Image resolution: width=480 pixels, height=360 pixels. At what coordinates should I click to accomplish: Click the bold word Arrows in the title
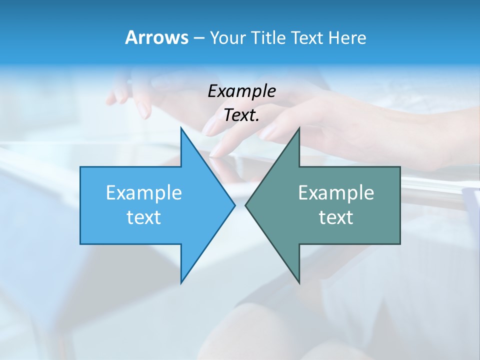click(156, 37)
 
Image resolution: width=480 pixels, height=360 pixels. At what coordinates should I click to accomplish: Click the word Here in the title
click(347, 38)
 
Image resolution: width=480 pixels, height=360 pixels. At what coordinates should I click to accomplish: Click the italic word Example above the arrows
click(241, 91)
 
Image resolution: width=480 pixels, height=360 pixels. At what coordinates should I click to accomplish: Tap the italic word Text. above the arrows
click(241, 115)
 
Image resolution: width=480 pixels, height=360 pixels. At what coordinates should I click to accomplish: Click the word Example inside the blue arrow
click(144, 193)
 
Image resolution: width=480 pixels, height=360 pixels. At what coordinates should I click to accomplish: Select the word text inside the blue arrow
click(144, 217)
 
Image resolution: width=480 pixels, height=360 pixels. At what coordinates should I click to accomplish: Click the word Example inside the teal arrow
click(336, 193)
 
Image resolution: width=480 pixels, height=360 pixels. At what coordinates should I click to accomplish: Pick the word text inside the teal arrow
click(336, 217)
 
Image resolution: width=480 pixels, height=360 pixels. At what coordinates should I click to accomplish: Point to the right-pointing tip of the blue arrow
click(234, 205)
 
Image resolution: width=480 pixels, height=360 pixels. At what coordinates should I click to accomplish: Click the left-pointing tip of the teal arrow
click(246, 205)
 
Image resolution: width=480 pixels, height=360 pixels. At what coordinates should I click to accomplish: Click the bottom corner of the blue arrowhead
click(181, 282)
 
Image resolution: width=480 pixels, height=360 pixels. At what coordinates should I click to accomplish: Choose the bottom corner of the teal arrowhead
click(298, 282)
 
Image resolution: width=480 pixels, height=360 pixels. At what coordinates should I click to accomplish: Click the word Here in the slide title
click(347, 38)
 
